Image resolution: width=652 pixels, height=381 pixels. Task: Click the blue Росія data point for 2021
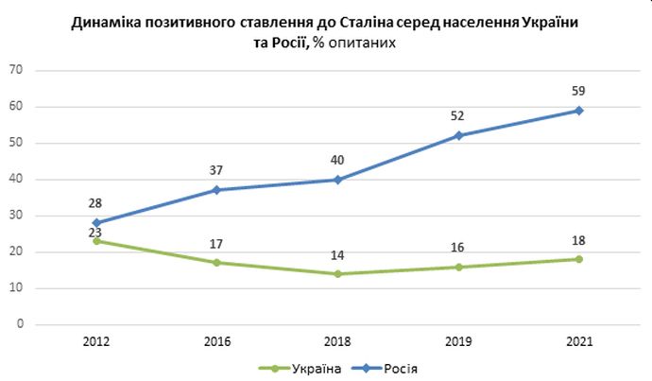(x=578, y=111)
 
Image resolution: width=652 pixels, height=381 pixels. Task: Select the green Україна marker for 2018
(x=337, y=274)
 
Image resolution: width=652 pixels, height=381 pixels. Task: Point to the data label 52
(x=458, y=117)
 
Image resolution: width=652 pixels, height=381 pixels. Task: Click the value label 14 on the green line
(x=337, y=256)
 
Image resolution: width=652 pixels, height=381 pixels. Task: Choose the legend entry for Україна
(x=301, y=367)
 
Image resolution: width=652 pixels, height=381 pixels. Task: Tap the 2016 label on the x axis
(x=216, y=340)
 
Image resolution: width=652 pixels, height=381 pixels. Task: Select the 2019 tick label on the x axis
(x=458, y=340)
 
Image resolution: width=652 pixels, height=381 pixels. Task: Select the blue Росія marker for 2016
(x=216, y=190)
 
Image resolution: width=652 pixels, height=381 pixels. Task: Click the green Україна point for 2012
(x=96, y=241)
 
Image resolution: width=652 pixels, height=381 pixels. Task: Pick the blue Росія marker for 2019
(x=458, y=135)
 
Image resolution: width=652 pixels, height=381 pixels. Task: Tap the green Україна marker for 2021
(x=578, y=259)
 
